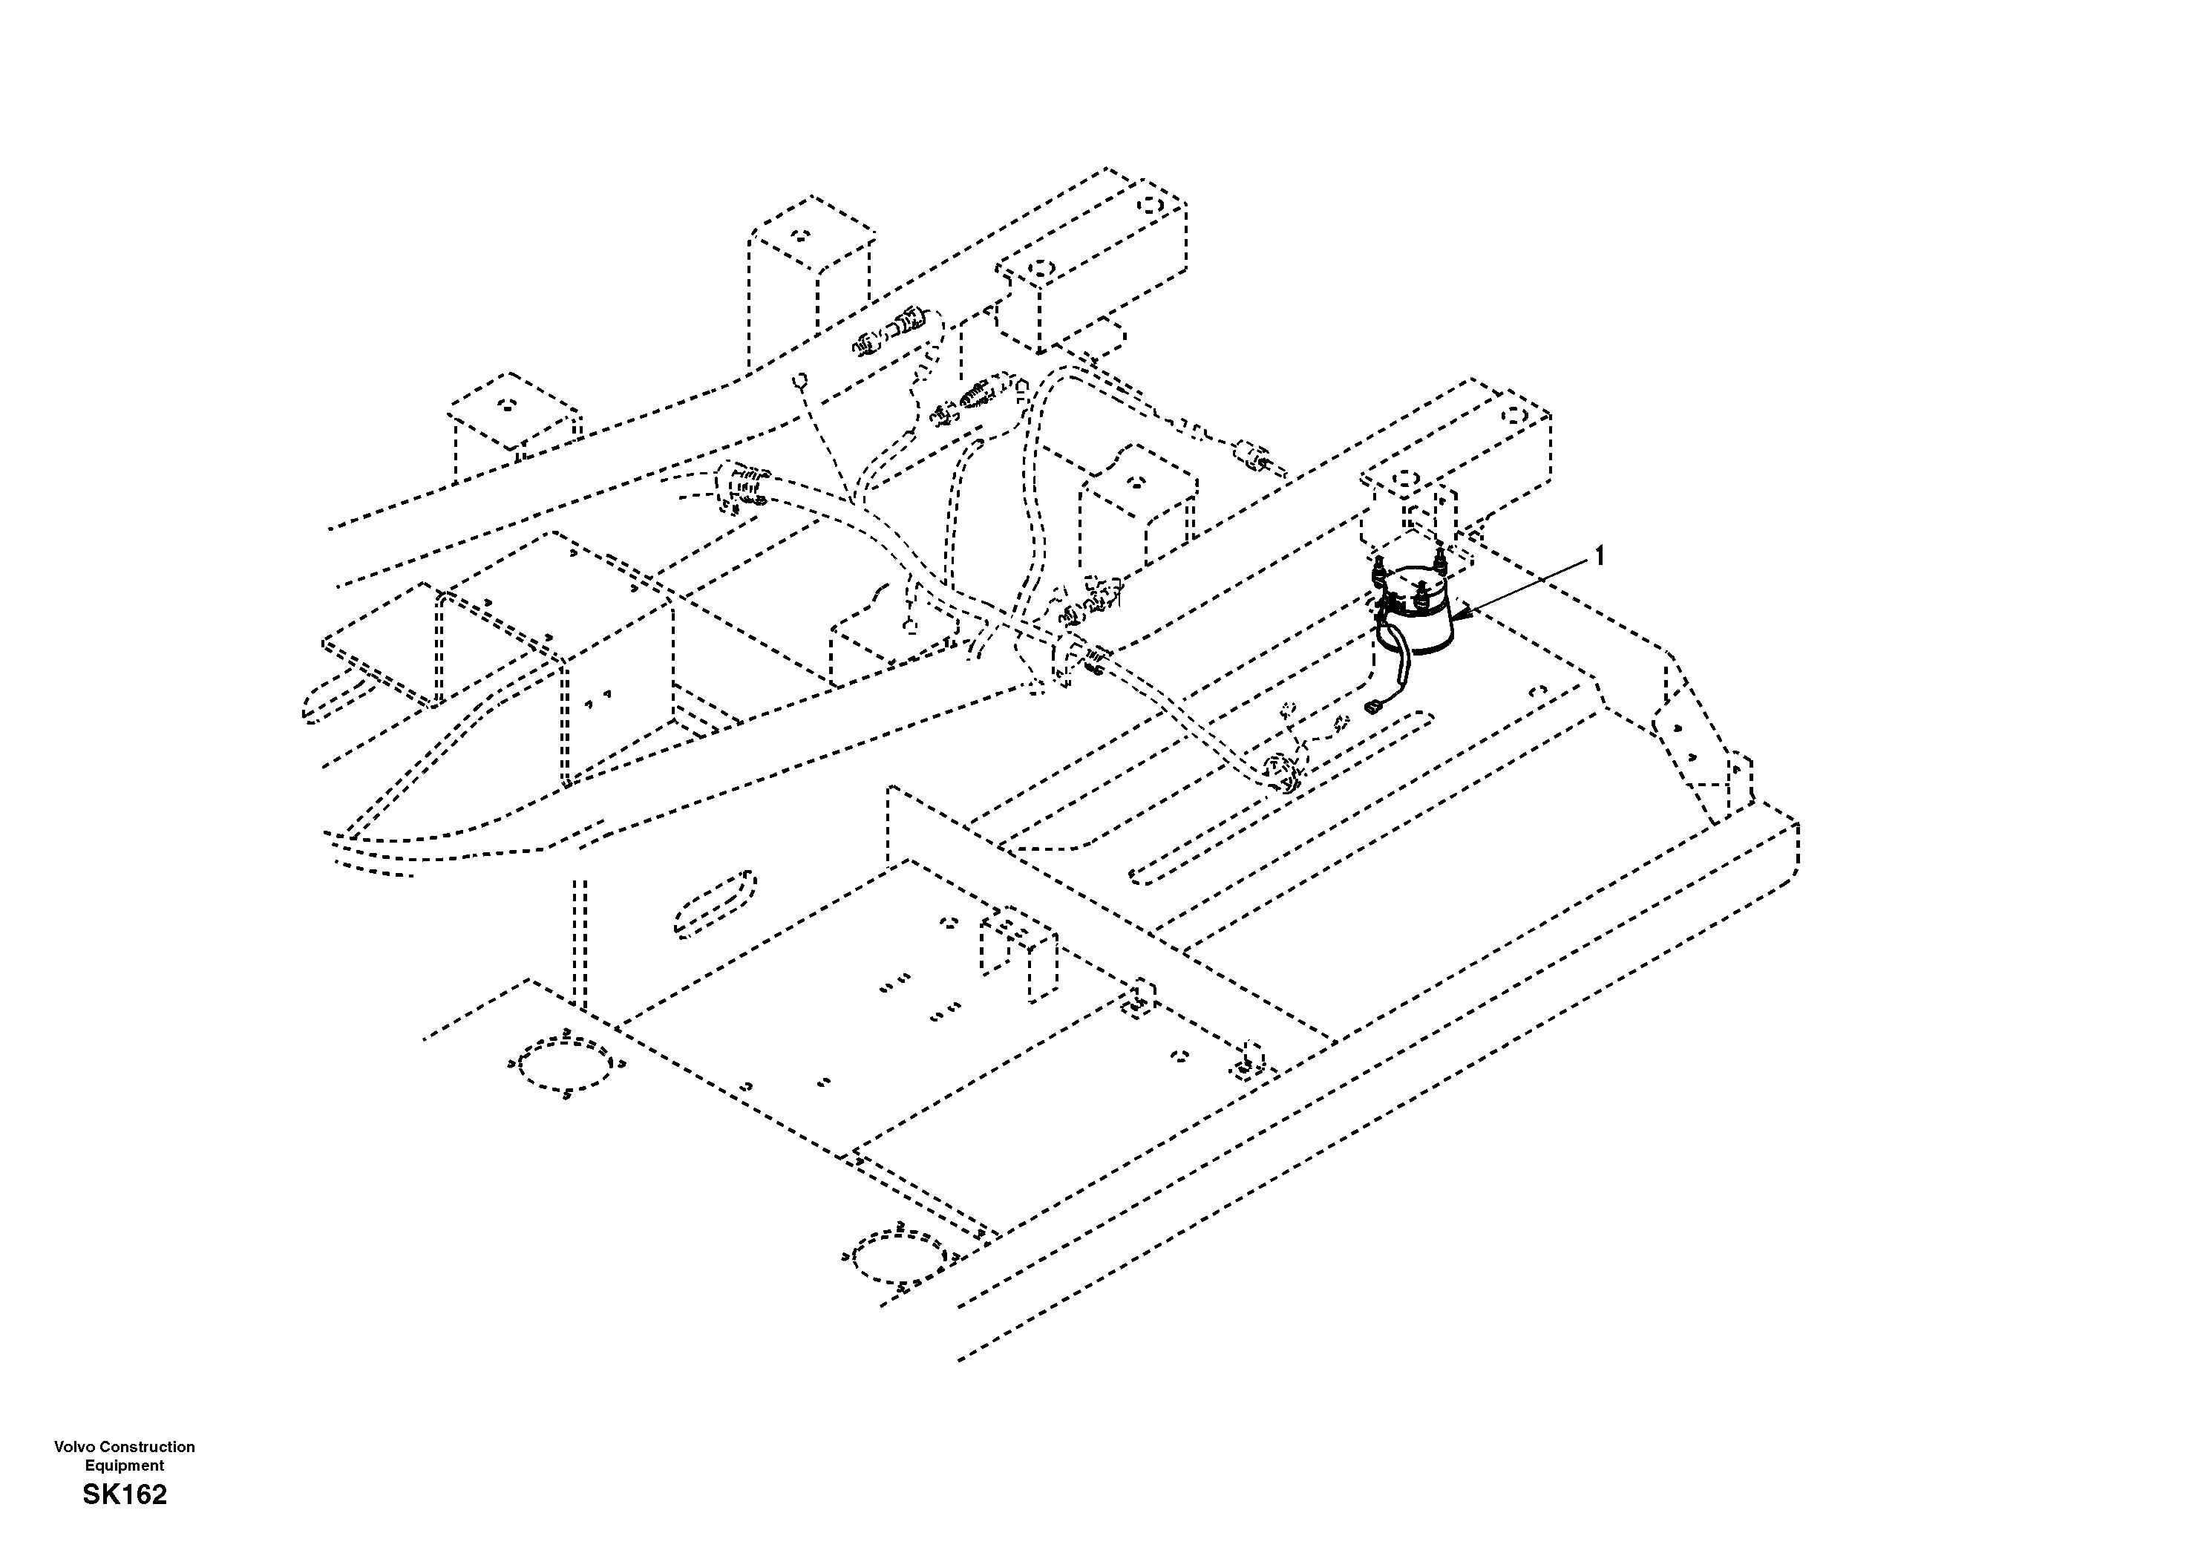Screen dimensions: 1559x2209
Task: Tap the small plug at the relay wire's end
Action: click(x=1372, y=709)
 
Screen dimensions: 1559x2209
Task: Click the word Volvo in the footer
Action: click(x=71, y=1446)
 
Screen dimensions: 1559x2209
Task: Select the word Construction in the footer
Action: click(x=143, y=1446)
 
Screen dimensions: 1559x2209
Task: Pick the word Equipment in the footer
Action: click(x=124, y=1465)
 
